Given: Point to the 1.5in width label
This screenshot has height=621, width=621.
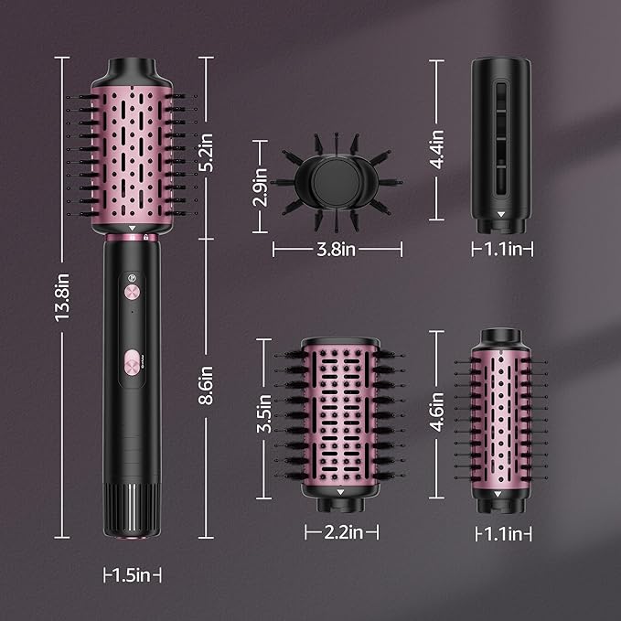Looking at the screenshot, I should [132, 575].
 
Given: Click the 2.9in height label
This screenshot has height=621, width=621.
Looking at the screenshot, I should [261, 186].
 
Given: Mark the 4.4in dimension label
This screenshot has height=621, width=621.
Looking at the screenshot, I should [437, 148].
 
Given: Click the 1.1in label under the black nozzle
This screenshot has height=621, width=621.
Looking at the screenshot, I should [501, 249].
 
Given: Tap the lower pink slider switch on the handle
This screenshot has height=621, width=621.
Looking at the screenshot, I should [132, 362].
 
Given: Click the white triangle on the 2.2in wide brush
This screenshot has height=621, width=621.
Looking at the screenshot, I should [340, 492].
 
